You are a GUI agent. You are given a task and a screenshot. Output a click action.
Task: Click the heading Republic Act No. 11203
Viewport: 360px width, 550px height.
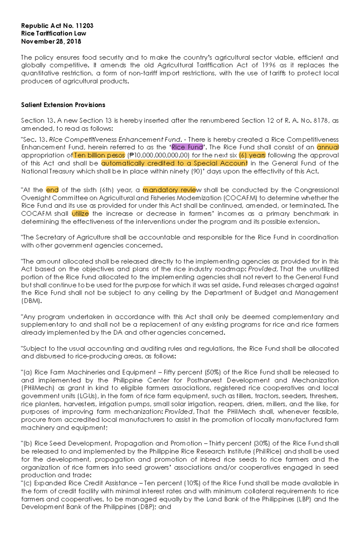(x=57, y=26)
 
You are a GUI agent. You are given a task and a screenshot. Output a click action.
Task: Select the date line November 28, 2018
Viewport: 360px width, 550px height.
(x=51, y=42)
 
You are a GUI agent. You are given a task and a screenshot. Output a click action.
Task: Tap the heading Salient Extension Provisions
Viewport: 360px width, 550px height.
(x=63, y=105)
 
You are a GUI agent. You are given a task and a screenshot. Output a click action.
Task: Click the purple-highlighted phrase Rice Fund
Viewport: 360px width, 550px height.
(x=187, y=147)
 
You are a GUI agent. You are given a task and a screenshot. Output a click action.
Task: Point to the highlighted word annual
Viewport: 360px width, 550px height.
(x=328, y=147)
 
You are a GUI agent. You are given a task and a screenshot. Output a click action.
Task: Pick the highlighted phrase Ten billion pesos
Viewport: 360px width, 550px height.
(x=99, y=155)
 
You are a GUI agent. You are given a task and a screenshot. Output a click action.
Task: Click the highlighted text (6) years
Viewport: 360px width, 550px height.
(x=252, y=155)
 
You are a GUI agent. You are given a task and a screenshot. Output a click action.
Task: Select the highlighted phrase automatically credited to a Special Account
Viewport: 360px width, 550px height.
(x=174, y=163)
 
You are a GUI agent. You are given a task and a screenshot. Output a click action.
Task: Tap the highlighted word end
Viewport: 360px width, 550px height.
(x=52, y=190)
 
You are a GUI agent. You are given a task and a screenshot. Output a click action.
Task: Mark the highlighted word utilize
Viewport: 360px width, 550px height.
(x=80, y=214)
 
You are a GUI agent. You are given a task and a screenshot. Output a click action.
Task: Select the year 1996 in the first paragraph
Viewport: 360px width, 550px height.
(x=268, y=65)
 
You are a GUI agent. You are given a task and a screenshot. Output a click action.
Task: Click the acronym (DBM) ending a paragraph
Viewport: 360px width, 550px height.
(x=31, y=301)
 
